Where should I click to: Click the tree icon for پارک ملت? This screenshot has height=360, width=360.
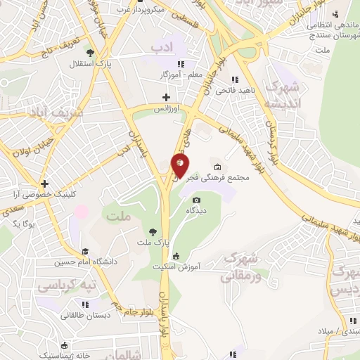153,231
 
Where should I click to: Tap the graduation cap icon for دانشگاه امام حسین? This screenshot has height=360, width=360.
85,251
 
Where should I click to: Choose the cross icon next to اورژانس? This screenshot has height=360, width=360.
167,97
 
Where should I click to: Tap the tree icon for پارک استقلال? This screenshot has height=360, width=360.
89,52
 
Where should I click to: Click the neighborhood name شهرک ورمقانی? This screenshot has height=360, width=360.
240,267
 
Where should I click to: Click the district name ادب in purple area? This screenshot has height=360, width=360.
162,46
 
